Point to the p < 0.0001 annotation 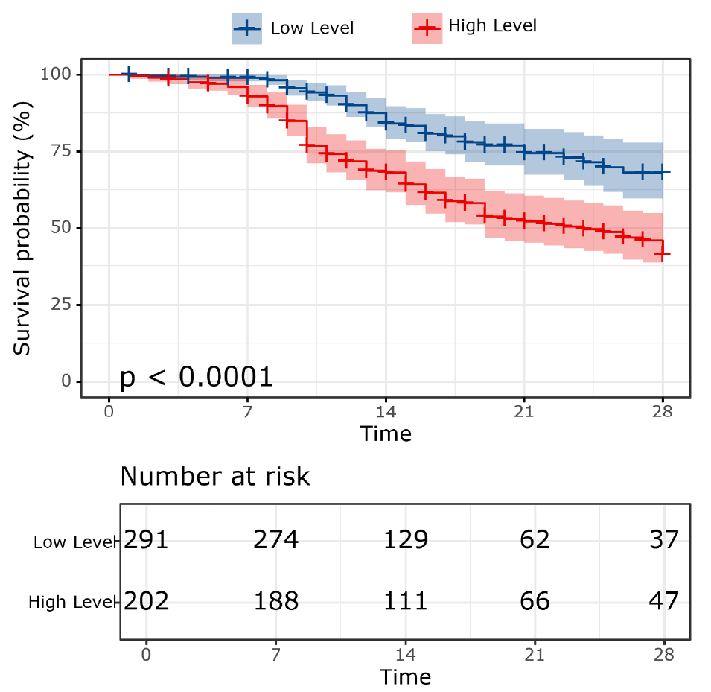tap(197, 378)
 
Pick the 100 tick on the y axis tap(60, 74)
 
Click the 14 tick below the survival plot tap(386, 409)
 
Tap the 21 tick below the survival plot tap(524, 409)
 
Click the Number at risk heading tap(214, 476)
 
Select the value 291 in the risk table tap(147, 539)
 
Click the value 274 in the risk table tap(276, 539)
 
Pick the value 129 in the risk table tap(406, 539)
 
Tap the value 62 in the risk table tap(535, 539)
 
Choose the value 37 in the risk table tap(664, 539)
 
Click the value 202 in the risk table tap(147, 600)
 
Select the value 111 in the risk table tap(406, 600)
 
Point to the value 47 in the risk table tap(664, 600)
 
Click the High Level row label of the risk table tap(71, 602)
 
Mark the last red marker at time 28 tap(663, 255)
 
